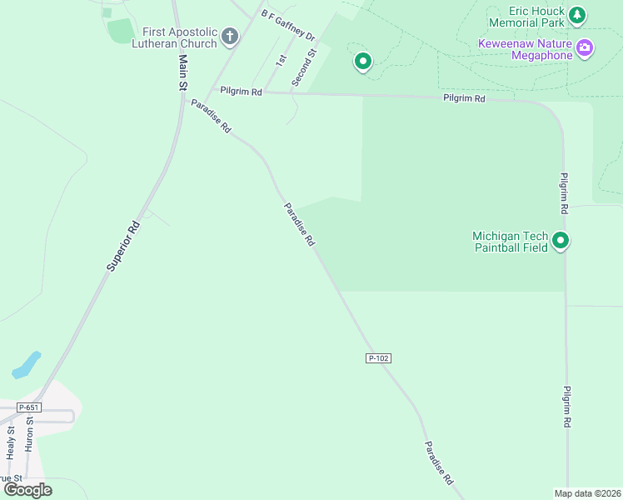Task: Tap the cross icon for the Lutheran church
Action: [230, 37]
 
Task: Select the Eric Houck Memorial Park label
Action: [526, 17]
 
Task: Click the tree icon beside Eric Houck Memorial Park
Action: [577, 15]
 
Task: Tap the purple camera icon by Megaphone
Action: [586, 47]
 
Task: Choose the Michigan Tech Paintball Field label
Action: [511, 242]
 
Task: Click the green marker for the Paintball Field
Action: [561, 242]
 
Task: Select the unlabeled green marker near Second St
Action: [362, 61]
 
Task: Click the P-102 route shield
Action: [378, 357]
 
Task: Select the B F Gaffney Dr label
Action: [287, 26]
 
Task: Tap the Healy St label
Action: [11, 442]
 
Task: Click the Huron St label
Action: [30, 435]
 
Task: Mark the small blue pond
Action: [27, 364]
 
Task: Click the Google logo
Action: [27, 490]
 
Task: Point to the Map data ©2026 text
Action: [586, 493]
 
